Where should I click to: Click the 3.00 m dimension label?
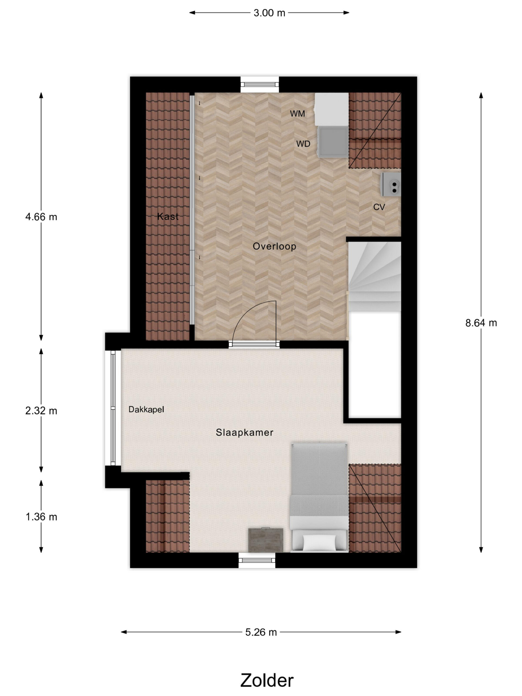pos(269,13)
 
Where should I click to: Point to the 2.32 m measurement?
pos(41,411)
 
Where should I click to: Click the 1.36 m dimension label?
pos(41,517)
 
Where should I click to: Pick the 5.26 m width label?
pos(261,632)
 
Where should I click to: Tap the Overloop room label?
pos(274,246)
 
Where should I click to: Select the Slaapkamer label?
pos(244,432)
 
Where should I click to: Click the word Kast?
pos(168,216)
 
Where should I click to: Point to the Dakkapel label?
pos(146,409)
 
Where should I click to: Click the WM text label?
pos(297,114)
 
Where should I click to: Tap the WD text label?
pos(303,144)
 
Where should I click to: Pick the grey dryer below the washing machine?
pos(333,142)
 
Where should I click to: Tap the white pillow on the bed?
pos(319,543)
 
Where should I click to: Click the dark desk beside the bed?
pos(266,540)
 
